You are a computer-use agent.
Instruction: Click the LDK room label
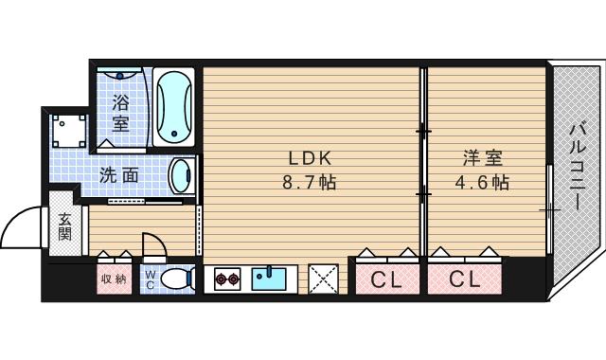click(310, 158)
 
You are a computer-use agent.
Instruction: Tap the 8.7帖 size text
click(310, 182)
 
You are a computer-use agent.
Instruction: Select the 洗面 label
click(120, 174)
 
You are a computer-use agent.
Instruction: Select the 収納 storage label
click(113, 279)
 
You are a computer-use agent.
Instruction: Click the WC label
click(149, 279)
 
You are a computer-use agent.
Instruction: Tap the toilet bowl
click(174, 279)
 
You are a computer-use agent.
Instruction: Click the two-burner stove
click(227, 279)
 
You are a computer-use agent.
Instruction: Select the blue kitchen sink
click(270, 279)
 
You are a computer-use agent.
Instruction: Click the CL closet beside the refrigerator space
click(384, 279)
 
